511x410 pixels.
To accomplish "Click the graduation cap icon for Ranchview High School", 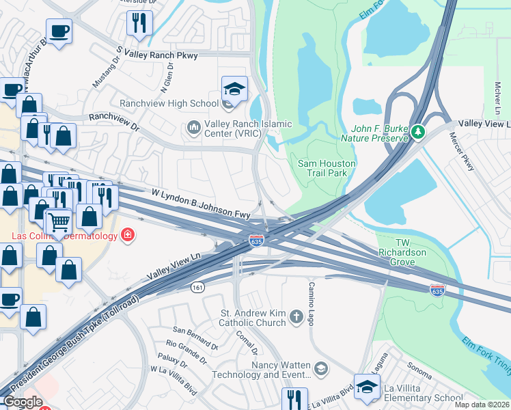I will click(x=234, y=89).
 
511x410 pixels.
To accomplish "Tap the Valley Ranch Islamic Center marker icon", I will click(x=193, y=128).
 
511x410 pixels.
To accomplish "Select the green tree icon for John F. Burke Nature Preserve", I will click(x=417, y=131).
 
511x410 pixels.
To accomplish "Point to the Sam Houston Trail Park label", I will click(x=327, y=168).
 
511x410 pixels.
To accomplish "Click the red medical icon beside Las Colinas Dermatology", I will click(x=127, y=236).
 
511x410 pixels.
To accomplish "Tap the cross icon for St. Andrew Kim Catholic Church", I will click(x=296, y=316).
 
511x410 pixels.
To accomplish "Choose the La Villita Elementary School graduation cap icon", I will click(x=367, y=386).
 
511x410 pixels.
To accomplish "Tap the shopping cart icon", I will click(x=59, y=221).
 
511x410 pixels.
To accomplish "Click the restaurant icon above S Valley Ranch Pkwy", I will click(x=139, y=23).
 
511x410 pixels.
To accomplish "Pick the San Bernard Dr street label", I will click(x=195, y=338).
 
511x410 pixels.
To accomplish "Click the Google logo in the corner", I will click(x=23, y=402).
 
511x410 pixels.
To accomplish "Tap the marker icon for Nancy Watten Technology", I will click(x=322, y=370).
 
